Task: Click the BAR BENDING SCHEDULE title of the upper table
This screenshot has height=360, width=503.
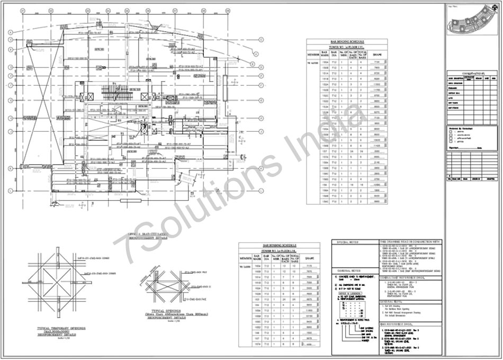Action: [347, 41]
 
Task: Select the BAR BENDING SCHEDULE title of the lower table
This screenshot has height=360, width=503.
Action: [280, 246]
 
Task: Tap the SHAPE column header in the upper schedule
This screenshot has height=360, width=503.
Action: [377, 55]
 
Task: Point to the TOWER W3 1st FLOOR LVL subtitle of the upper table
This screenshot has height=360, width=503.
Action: [347, 47]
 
